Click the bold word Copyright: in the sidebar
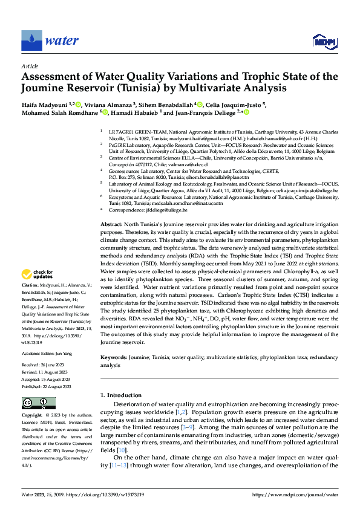(32, 415)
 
